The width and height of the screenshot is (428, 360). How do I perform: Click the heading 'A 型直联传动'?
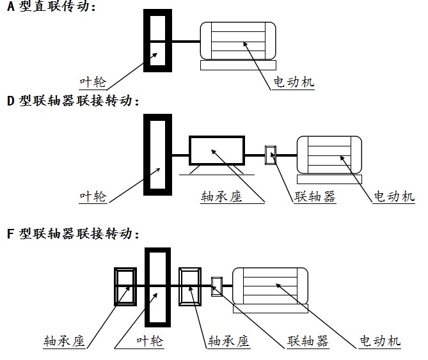(51, 8)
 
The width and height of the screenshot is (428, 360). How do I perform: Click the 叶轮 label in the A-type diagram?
(92, 82)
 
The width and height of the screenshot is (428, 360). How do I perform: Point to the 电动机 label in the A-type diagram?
(294, 82)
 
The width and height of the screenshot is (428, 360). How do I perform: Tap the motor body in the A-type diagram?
(237, 41)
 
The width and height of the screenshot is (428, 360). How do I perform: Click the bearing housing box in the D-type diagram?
(217, 152)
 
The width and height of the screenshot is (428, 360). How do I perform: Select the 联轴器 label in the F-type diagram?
(308, 341)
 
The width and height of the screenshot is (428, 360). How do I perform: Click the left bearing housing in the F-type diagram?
(124, 286)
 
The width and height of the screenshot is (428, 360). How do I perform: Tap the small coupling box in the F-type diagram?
(217, 286)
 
